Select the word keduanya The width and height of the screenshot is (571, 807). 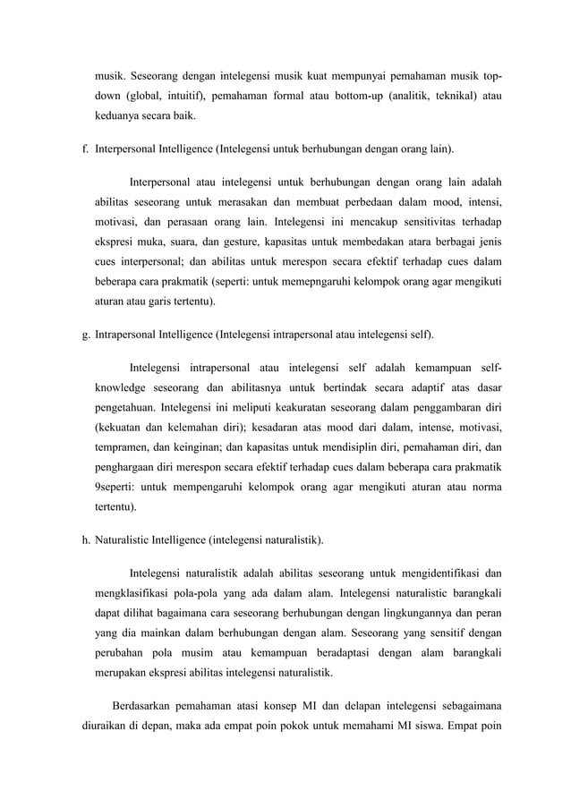pos(123,115)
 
